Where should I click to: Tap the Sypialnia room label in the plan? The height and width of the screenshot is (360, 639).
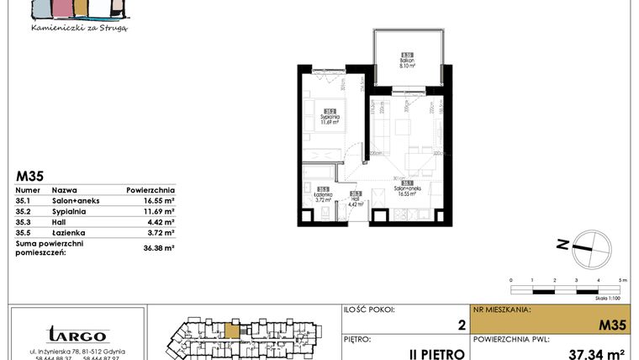[330, 119]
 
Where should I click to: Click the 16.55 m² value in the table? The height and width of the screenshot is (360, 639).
[157, 202]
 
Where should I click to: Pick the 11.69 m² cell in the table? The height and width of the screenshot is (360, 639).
[157, 212]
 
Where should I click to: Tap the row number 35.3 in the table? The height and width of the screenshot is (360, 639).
[24, 222]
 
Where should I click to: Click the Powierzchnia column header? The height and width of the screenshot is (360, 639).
[151, 190]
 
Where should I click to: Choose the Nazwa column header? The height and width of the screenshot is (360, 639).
[64, 190]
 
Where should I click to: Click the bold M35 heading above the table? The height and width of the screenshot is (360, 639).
[30, 177]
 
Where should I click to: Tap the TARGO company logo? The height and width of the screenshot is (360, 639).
[77, 335]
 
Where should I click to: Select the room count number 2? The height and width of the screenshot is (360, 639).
[461, 324]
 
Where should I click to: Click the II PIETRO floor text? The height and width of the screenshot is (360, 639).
[437, 352]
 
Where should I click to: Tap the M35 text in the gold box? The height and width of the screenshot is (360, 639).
[614, 324]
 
